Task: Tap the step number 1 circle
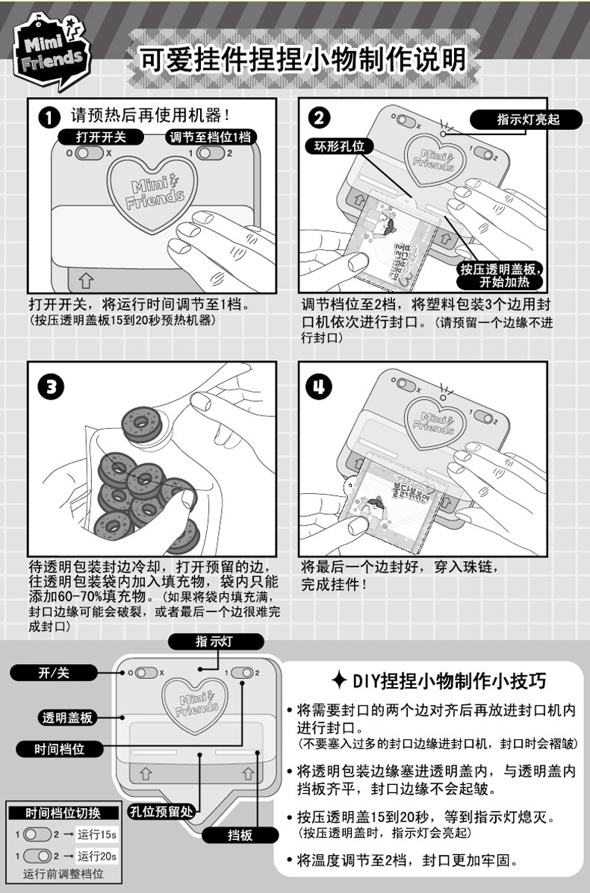[x=49, y=117]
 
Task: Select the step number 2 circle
[x=319, y=117]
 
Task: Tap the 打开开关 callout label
[x=101, y=137]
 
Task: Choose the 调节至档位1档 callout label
[x=210, y=137]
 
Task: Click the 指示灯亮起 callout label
[x=527, y=119]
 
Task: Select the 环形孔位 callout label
[x=340, y=146]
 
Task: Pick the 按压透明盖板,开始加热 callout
[x=502, y=275]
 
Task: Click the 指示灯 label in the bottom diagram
[x=215, y=642]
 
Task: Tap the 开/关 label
[x=54, y=673]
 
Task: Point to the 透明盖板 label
[x=67, y=718]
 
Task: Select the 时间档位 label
[x=59, y=749]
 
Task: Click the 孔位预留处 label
[x=161, y=811]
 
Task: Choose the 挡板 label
[x=240, y=835]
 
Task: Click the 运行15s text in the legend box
[x=97, y=835]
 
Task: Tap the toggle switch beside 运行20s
[x=37, y=856]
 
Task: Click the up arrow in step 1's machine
[x=85, y=280]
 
